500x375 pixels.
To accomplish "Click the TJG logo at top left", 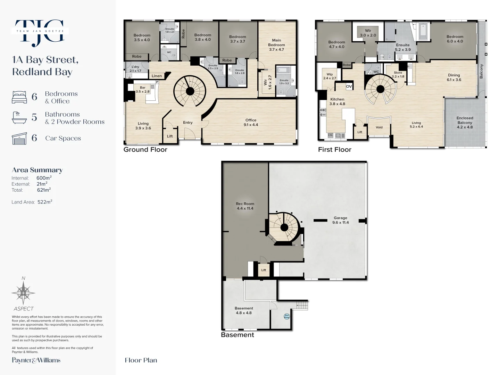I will [40, 32].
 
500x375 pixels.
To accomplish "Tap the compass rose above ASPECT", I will [23, 293].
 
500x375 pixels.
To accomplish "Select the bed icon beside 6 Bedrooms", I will [19, 97].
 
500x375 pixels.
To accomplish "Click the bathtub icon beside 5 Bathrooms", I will [19, 118].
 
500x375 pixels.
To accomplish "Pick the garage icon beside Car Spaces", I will [19, 138].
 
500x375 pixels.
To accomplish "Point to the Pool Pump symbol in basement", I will [287, 316].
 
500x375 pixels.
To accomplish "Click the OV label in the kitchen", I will [349, 86].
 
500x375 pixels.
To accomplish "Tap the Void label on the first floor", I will [379, 127].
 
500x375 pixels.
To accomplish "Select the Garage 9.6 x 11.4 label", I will [340, 220].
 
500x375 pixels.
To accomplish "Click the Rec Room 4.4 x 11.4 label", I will [245, 206].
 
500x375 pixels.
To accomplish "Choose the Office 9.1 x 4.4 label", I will [251, 122].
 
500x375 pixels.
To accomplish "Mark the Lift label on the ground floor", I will [170, 136].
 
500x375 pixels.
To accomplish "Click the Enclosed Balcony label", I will [465, 123].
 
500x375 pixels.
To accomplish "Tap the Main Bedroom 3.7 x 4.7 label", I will [276, 45].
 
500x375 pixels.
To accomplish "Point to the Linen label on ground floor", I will [157, 76].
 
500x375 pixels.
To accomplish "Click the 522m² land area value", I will [45, 202].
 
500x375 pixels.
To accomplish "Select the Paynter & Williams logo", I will [36, 360].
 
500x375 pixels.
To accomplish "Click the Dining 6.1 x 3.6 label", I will [454, 77].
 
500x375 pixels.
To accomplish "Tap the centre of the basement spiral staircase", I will [284, 228].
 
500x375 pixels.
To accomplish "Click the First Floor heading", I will [335, 150].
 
